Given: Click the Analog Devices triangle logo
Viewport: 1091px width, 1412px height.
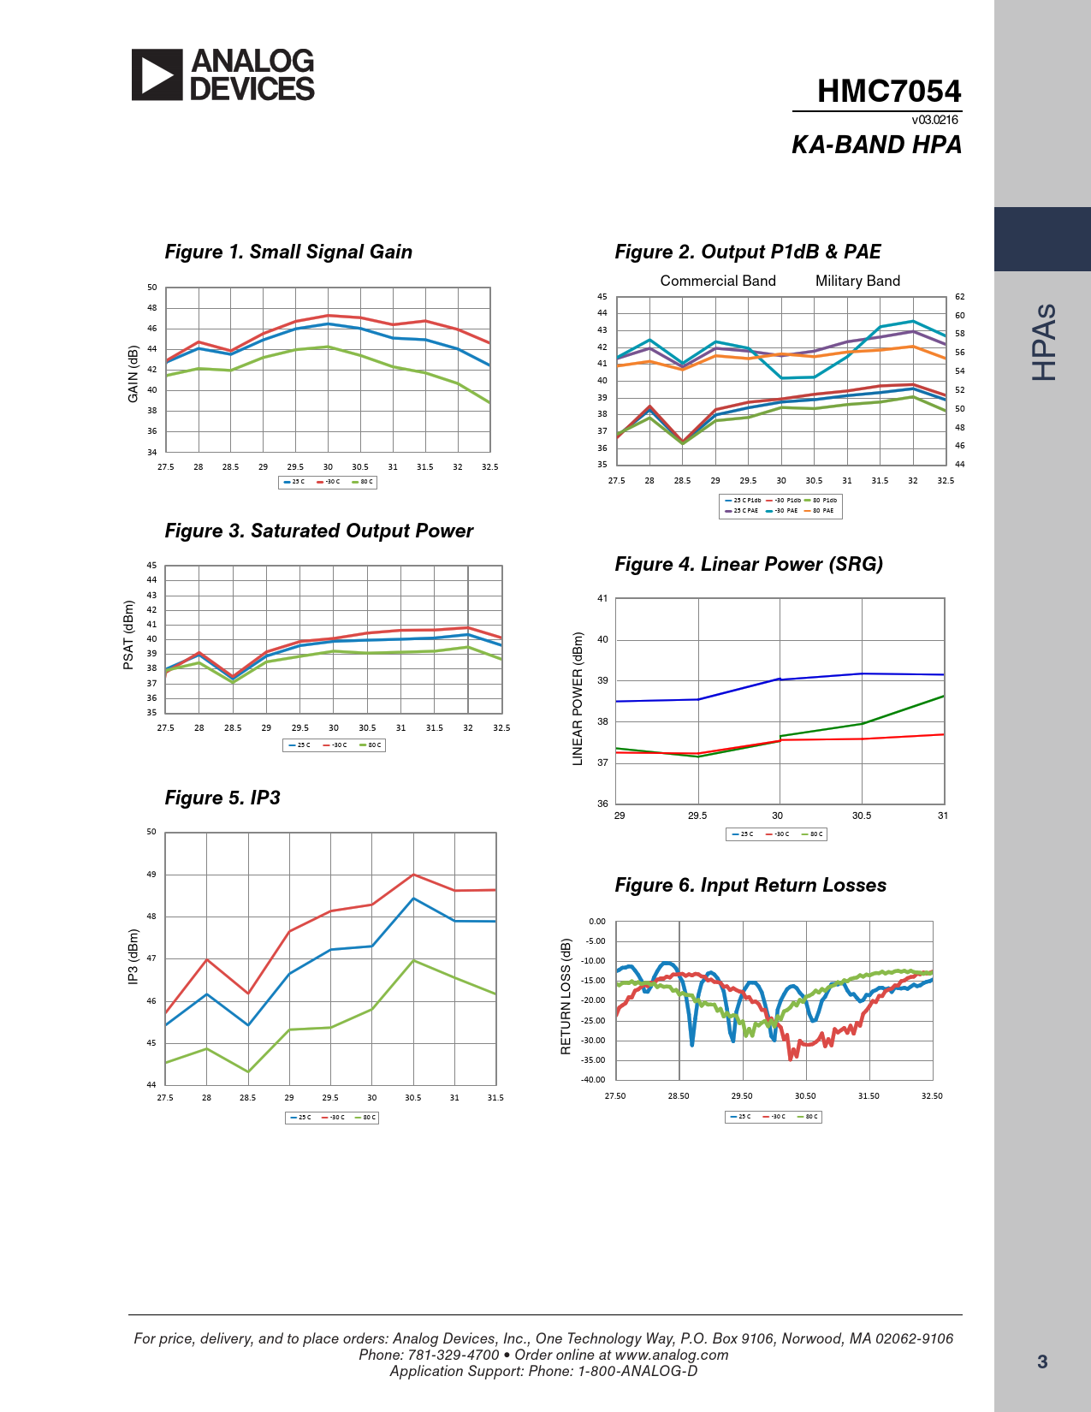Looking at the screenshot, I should point(157,75).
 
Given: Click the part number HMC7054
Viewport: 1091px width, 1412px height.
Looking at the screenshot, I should point(888,92).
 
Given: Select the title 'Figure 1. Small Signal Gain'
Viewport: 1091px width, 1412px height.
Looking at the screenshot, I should point(288,252).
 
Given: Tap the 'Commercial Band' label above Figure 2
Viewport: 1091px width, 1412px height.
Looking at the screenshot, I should point(718,281).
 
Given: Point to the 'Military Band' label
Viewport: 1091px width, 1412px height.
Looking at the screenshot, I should point(857,281).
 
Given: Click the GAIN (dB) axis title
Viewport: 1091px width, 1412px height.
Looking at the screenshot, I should point(133,374).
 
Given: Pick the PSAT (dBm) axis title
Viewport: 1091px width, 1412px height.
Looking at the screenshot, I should point(128,635).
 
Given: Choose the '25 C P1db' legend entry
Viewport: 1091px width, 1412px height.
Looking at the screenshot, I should point(743,501).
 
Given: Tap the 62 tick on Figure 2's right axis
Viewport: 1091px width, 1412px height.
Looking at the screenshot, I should point(960,297).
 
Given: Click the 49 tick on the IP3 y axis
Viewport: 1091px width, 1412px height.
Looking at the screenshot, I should point(151,875).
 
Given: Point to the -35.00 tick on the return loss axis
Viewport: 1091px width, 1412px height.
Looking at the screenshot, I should point(594,1060).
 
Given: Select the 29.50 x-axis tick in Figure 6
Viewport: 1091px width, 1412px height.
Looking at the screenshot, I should point(742,1096).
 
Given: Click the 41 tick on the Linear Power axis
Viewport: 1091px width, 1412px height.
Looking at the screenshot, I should point(602,599).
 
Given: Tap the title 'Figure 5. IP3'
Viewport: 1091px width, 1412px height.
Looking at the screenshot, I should point(222,798).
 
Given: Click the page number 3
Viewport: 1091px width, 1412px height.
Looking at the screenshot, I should point(1042,1362).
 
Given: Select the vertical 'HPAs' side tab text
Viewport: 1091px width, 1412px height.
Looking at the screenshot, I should point(1043,342).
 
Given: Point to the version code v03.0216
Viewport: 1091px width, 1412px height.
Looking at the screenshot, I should point(934,120).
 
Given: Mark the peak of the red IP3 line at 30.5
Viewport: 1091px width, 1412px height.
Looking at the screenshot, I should point(413,875).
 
